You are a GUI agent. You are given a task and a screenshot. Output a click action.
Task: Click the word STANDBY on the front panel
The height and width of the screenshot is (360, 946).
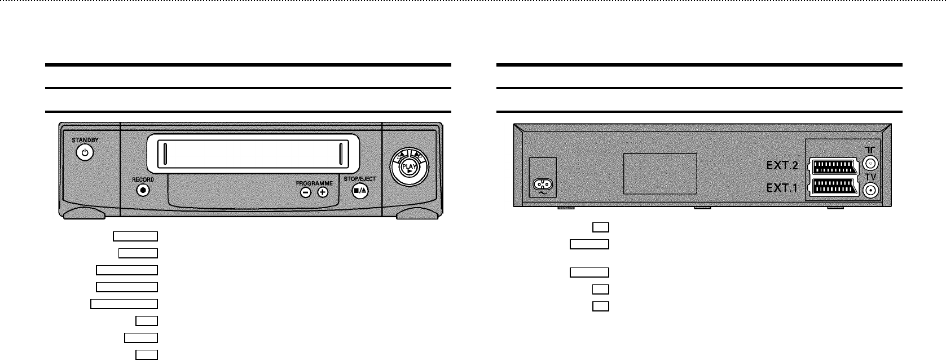(x=85, y=140)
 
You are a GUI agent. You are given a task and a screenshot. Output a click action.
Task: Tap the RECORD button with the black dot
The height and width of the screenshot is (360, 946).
(x=143, y=191)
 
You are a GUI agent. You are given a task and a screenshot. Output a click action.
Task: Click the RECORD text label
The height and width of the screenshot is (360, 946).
(x=143, y=179)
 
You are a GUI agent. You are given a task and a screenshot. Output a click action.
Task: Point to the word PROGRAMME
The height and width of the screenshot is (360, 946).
(x=314, y=183)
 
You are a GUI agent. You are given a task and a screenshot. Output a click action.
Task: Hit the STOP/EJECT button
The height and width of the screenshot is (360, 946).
(x=360, y=191)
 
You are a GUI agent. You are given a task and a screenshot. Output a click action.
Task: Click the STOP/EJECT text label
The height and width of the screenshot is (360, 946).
(x=360, y=179)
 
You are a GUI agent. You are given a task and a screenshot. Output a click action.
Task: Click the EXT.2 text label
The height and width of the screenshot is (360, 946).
(x=782, y=166)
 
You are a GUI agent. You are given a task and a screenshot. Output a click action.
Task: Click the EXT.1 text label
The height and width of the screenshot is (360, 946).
(x=782, y=188)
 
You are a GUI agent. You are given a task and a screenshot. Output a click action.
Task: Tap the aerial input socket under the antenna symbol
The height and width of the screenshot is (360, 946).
(x=870, y=164)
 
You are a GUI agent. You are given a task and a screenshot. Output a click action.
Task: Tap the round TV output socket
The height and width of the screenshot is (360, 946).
(x=870, y=191)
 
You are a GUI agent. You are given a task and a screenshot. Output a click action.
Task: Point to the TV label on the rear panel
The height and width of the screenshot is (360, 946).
(x=871, y=177)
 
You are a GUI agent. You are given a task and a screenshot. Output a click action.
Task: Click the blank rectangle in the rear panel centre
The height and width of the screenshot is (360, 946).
(x=660, y=174)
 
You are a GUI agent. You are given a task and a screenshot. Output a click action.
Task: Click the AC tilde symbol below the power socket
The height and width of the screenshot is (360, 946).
(x=543, y=193)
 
